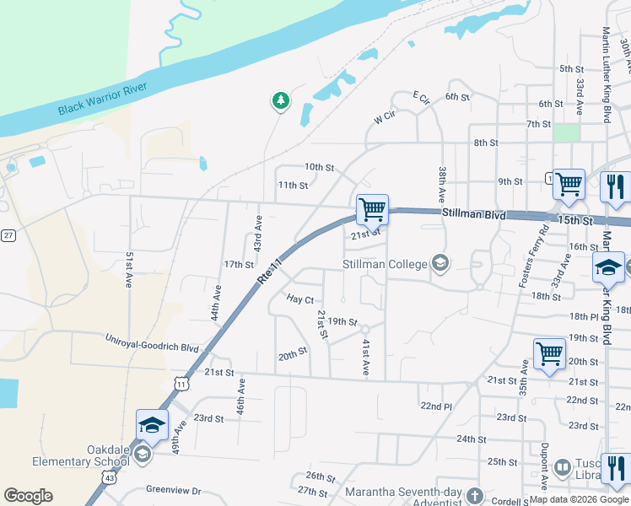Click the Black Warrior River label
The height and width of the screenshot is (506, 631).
pyautogui.click(x=102, y=99)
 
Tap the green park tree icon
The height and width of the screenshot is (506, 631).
pyautogui.click(x=280, y=101)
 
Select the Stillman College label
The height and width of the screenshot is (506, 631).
pyautogui.click(x=385, y=264)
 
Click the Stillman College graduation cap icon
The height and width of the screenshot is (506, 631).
pyautogui.click(x=440, y=263)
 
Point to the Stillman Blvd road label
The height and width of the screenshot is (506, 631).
pyautogui.click(x=473, y=215)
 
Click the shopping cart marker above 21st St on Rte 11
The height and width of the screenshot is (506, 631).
pyautogui.click(x=371, y=208)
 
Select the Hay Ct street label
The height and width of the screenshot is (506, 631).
pyautogui.click(x=299, y=299)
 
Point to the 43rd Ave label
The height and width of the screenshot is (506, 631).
pyautogui.click(x=258, y=233)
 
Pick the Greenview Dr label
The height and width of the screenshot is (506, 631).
pyautogui.click(x=174, y=489)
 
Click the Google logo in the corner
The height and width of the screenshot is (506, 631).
pyautogui.click(x=28, y=496)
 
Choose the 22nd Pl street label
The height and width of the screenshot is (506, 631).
pyautogui.click(x=436, y=406)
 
